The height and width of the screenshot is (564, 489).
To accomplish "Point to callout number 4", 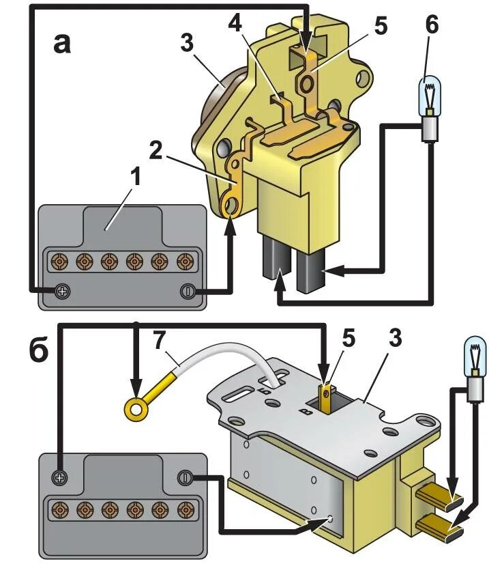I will (x=236, y=25).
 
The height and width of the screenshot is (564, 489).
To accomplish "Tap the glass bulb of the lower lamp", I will (x=475, y=355).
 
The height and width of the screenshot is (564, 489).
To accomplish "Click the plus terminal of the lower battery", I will (x=61, y=477).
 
